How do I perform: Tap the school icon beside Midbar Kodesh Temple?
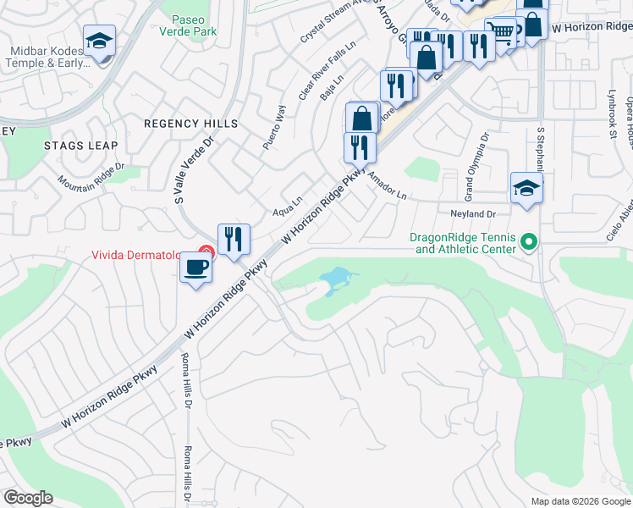pyautogui.click(x=99, y=41)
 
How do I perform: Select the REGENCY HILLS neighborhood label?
pyautogui.click(x=190, y=124)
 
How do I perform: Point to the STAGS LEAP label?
pyautogui.click(x=81, y=146)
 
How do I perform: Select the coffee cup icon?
pyautogui.click(x=196, y=268)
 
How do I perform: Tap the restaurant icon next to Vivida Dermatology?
pyautogui.click(x=234, y=240)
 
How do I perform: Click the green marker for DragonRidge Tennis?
pyautogui.click(x=530, y=243)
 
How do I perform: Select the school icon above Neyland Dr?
pyautogui.click(x=526, y=189)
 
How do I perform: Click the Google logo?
pyautogui.click(x=28, y=498)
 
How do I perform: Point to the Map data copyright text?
pyautogui.click(x=580, y=501)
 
